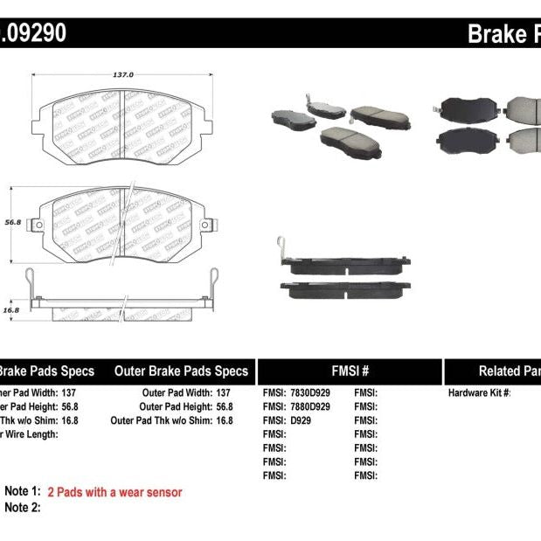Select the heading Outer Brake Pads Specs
181,371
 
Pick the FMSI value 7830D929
309,393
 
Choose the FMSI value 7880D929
309,406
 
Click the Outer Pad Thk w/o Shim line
172,420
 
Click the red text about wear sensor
114,492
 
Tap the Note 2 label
23,507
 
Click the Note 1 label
23,492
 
